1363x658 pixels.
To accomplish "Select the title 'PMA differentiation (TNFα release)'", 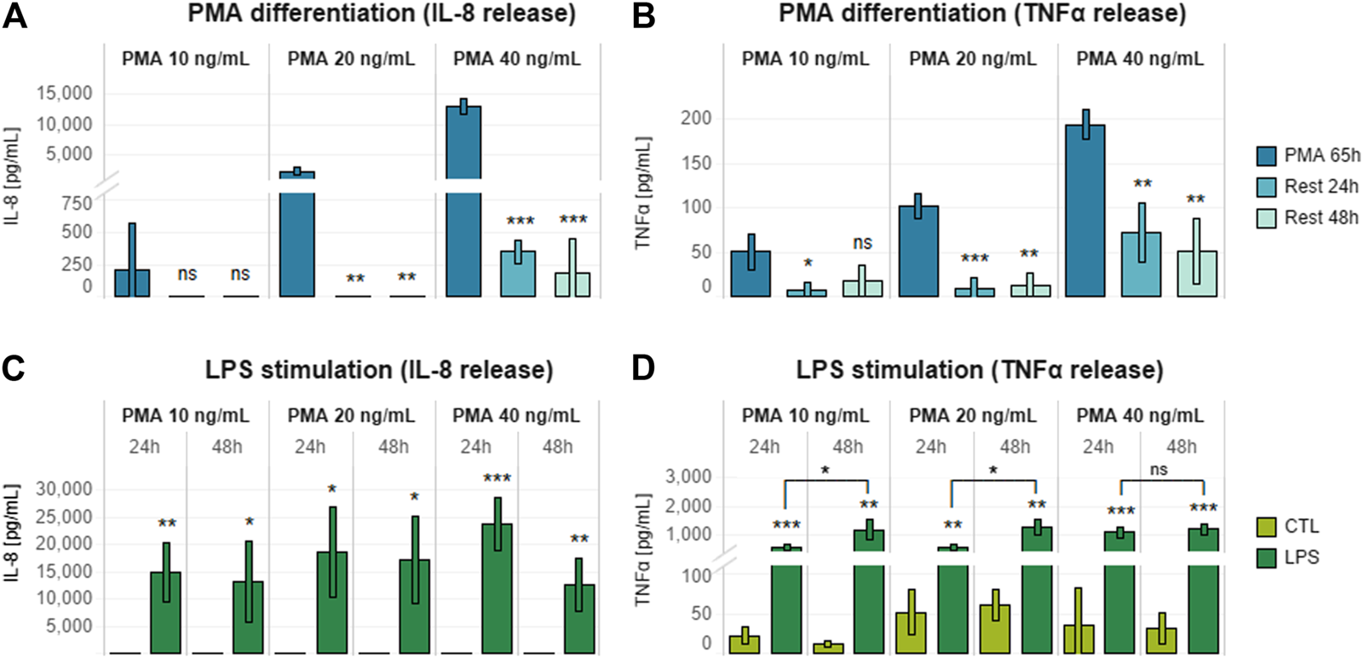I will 981,14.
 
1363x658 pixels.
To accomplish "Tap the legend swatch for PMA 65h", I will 1266,156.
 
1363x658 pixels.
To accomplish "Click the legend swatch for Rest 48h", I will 1266,218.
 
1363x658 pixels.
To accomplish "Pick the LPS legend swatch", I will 1266,558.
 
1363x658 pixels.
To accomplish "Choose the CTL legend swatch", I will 1266,527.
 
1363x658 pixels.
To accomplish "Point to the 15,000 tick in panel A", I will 64,93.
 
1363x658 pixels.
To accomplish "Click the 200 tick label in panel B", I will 695,118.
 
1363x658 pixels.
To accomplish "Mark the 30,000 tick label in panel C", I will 64,489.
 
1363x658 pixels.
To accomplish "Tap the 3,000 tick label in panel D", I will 688,476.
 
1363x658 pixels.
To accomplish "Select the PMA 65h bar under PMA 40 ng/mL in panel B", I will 1085,213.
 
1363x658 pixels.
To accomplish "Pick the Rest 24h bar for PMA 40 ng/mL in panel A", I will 518,274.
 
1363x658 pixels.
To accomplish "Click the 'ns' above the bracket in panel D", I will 1159,470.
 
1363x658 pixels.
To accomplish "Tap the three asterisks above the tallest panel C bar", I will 497,478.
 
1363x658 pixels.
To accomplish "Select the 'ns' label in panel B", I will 862,243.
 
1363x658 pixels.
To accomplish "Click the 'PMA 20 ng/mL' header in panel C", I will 351,416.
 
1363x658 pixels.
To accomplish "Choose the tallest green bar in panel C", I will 497,588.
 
